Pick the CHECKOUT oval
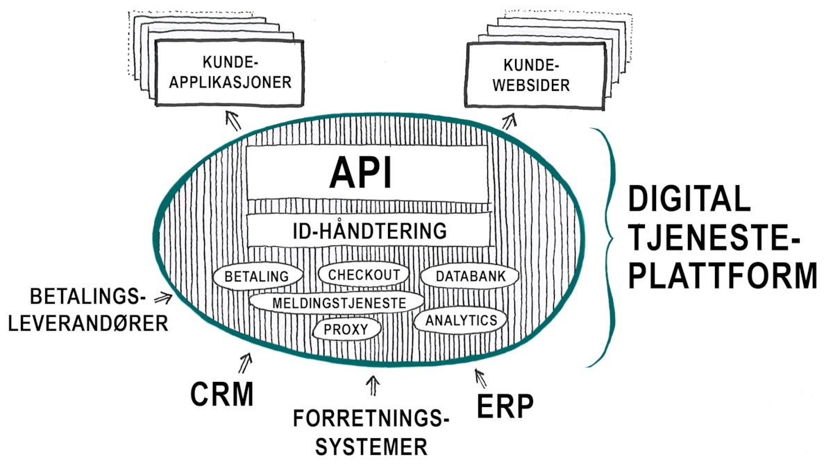click(x=364, y=274)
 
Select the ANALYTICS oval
click(x=461, y=320)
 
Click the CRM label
click(x=221, y=395)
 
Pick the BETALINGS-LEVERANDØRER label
click(x=88, y=310)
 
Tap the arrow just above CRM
click(x=245, y=361)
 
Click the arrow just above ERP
click(x=478, y=378)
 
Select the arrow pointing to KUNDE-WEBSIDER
click(x=510, y=122)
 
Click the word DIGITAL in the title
click(x=689, y=202)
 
